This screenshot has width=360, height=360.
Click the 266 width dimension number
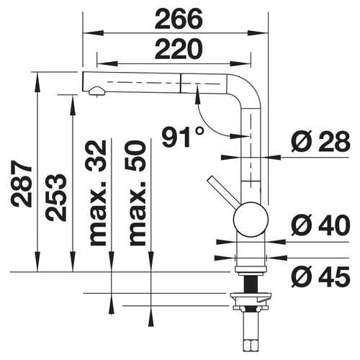[179, 19]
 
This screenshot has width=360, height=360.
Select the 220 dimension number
[179, 49]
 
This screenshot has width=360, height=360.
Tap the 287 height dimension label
[22, 184]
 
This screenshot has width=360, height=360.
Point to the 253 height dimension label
[56, 197]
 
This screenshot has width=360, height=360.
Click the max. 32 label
[98, 193]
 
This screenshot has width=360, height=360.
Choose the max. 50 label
[138, 193]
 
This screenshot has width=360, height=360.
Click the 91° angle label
[183, 137]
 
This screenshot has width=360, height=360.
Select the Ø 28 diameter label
[320, 142]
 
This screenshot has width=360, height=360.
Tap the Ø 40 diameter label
[320, 225]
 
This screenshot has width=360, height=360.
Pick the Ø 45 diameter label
[320, 276]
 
